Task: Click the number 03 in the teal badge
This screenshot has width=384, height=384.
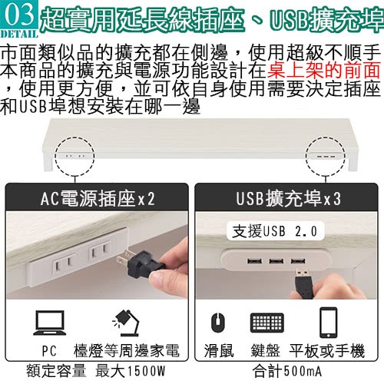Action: tap(19, 15)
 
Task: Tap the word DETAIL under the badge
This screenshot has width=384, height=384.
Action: tap(19, 34)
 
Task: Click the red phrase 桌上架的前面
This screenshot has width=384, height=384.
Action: tap(323, 70)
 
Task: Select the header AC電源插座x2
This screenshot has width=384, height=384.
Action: tap(98, 198)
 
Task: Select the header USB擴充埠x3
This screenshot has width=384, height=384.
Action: tap(288, 198)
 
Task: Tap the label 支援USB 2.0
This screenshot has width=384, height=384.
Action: tap(275, 231)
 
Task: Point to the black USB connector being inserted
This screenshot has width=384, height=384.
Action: tap(304, 283)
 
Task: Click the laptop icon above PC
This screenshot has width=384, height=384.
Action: tap(50, 323)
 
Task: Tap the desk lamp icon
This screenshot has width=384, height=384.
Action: tap(126, 323)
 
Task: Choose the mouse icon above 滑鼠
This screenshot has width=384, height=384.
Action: tap(218, 322)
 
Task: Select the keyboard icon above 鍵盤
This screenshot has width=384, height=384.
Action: tap(267, 323)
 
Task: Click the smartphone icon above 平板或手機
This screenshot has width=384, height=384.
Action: tap(328, 323)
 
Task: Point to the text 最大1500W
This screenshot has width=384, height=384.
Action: tap(131, 371)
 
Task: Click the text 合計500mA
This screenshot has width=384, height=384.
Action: tap(286, 371)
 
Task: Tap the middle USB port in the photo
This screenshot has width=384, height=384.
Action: tap(276, 261)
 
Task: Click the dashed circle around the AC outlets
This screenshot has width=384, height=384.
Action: tap(55, 156)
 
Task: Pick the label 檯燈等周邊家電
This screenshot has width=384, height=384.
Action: tap(127, 350)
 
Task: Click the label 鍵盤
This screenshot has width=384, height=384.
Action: tap(265, 350)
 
